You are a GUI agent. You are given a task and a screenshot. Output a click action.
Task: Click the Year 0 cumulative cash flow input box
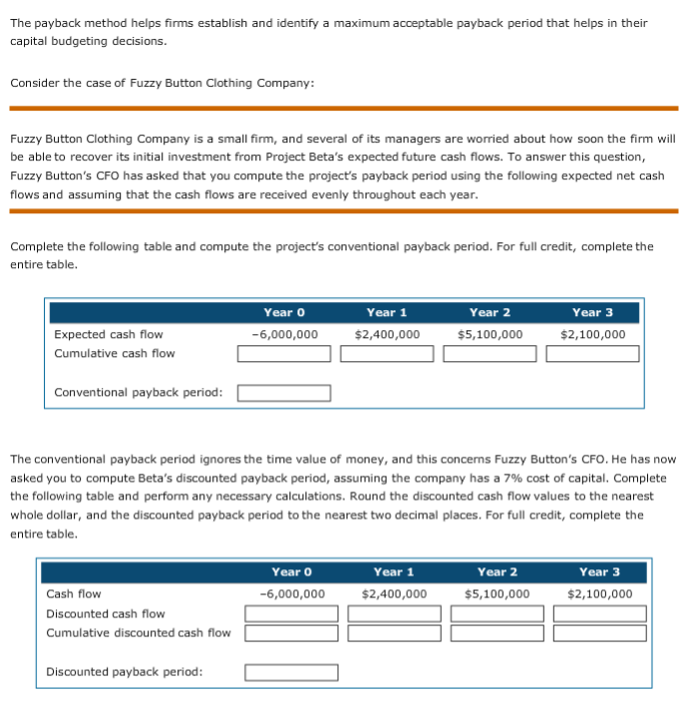[284, 354]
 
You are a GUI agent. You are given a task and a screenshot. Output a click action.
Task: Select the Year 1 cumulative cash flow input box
[387, 354]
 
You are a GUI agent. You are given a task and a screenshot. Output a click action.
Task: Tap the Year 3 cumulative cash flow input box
[592, 354]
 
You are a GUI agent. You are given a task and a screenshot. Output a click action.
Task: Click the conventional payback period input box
[284, 392]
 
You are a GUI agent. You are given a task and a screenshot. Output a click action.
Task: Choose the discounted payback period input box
[291, 672]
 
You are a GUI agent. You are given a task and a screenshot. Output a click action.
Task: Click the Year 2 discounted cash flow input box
[497, 614]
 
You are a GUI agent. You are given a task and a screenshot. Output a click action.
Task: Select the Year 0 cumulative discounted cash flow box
[291, 633]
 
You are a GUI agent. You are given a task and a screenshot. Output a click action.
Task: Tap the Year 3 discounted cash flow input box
[599, 614]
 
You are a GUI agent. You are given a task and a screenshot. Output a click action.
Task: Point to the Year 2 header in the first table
[490, 312]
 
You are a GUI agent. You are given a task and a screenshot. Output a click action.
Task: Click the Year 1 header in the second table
[394, 571]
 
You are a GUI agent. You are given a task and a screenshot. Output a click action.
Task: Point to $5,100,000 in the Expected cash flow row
[490, 334]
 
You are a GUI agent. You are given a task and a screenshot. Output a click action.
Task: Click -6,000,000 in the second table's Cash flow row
[292, 594]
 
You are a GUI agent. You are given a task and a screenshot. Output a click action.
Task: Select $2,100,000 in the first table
[593, 334]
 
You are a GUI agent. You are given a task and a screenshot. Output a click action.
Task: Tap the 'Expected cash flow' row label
[109, 334]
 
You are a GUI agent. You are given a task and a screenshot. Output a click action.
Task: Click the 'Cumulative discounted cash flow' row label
[139, 633]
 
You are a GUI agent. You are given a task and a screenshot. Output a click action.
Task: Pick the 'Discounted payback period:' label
[125, 672]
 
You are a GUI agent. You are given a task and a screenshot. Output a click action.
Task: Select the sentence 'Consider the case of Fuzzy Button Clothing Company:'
[162, 83]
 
